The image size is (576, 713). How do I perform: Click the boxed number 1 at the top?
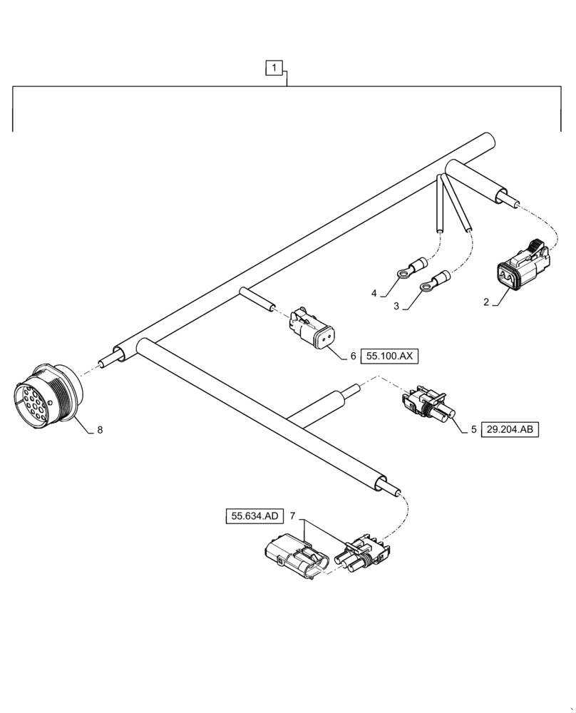(x=275, y=68)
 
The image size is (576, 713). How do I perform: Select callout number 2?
(x=485, y=302)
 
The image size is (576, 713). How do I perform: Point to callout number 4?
(x=373, y=293)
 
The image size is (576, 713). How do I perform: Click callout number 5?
(x=473, y=430)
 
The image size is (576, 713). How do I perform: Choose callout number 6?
(x=353, y=355)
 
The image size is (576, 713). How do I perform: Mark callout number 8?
(x=100, y=430)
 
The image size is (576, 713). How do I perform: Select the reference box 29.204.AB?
(x=511, y=430)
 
